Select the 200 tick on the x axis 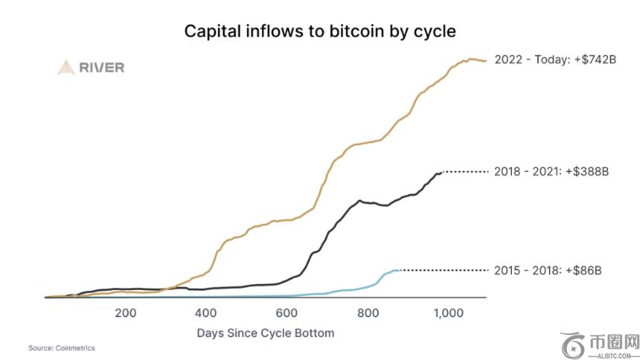pyautogui.click(x=126, y=313)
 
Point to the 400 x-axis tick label pyautogui.click(x=206, y=313)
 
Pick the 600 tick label pyautogui.click(x=287, y=313)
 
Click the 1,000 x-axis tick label pyautogui.click(x=448, y=313)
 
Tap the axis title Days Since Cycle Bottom pyautogui.click(x=266, y=332)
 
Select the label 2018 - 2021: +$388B pyautogui.click(x=551, y=171)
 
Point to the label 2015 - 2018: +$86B pyautogui.click(x=547, y=270)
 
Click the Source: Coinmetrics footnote pyautogui.click(x=62, y=348)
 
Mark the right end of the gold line pyautogui.click(x=485, y=60)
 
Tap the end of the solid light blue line pyautogui.click(x=400, y=270)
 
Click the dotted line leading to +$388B pyautogui.click(x=466, y=171)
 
